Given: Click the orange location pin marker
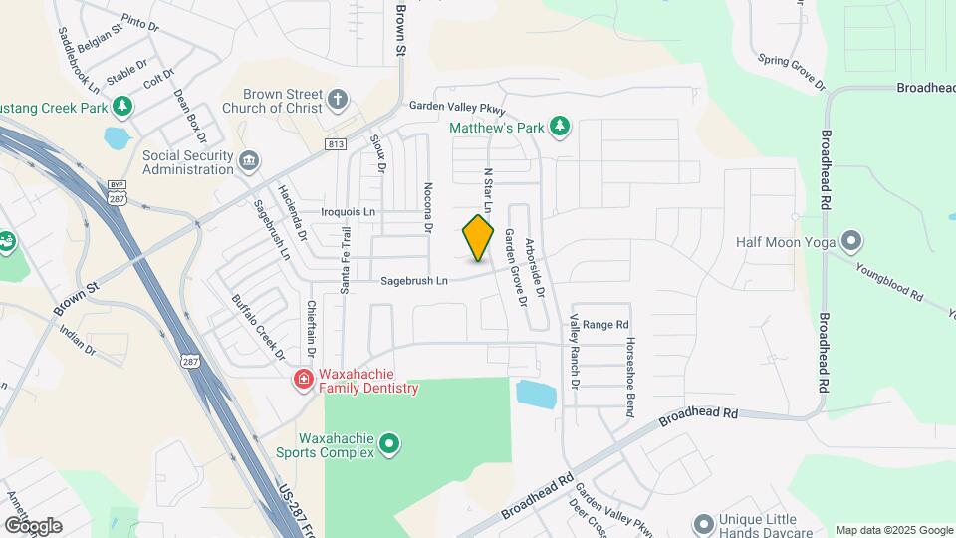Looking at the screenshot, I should tap(478, 238).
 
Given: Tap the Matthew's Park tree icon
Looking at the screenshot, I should tap(561, 127).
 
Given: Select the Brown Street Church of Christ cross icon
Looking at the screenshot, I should tap(338, 99).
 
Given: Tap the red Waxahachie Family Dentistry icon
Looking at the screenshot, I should tap(302, 380).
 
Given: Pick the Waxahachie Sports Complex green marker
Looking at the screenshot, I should tap(389, 444).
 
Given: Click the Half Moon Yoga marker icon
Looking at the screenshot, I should tap(850, 241).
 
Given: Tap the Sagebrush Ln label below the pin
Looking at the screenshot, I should tap(414, 282).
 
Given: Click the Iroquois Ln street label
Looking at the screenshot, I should tap(349, 212).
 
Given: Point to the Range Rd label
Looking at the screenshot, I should tap(605, 325).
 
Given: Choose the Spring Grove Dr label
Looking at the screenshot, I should tap(793, 69).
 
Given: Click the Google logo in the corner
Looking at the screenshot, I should tap(32, 525).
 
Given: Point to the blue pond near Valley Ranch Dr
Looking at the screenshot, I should tap(537, 393).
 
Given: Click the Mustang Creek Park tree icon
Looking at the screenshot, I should tap(121, 105).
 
